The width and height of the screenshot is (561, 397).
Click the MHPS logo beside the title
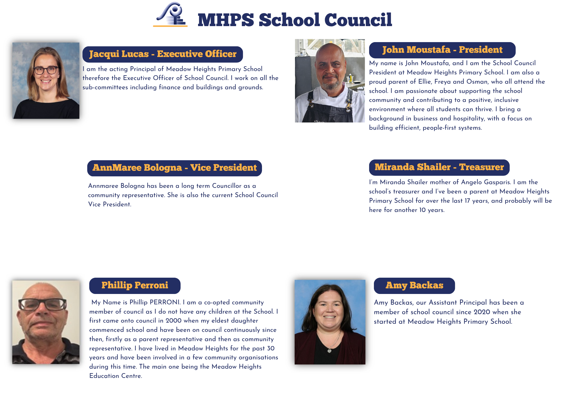(x=171, y=15)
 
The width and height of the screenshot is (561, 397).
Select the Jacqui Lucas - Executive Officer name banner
(x=163, y=54)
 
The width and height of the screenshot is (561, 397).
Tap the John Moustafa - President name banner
(x=442, y=50)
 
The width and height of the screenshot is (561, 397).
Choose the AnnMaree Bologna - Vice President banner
(x=174, y=168)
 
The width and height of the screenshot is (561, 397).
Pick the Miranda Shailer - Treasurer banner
(x=439, y=167)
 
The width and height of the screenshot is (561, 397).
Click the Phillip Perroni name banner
(x=135, y=286)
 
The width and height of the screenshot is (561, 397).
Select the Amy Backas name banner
(x=414, y=286)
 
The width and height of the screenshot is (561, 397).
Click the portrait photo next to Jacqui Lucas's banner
(x=46, y=81)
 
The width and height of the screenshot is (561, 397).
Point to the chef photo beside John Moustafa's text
(x=330, y=81)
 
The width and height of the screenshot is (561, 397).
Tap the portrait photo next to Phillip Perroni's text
(x=46, y=322)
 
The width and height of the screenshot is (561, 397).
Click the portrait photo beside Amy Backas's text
(x=330, y=322)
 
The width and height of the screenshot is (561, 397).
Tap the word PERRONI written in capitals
(x=165, y=302)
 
